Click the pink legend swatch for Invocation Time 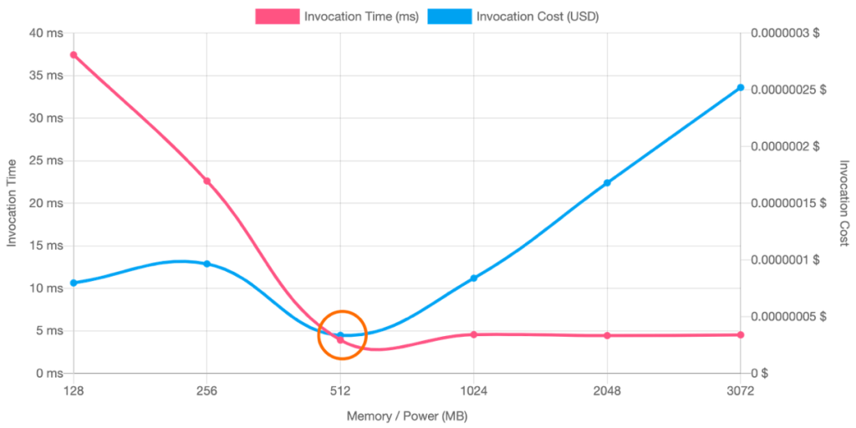coord(277,16)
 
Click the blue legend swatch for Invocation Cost coord(449,16)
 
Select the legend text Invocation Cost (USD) coord(537,16)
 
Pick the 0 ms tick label coord(47,372)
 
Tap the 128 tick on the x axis coord(74,390)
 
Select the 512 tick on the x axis coord(340,390)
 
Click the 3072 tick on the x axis coord(740,390)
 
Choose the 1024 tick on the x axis coord(473,390)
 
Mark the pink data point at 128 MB coord(74,54)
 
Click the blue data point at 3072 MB coord(740,87)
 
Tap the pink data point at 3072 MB coord(740,334)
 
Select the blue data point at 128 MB coord(74,283)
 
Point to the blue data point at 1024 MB coord(473,277)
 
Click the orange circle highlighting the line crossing coord(342,334)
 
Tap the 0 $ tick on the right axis coord(758,372)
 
